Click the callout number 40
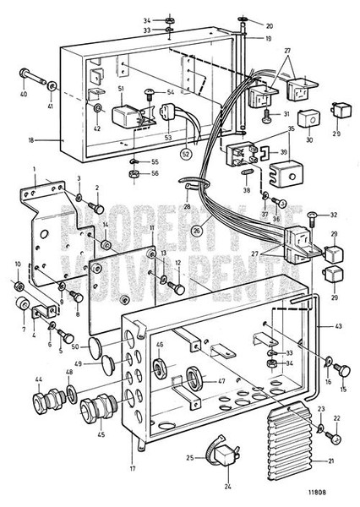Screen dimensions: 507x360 pos(25,94)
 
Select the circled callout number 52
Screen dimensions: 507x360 pos(185,153)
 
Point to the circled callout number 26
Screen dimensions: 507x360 pos(198,229)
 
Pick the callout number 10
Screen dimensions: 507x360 pos(17,264)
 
